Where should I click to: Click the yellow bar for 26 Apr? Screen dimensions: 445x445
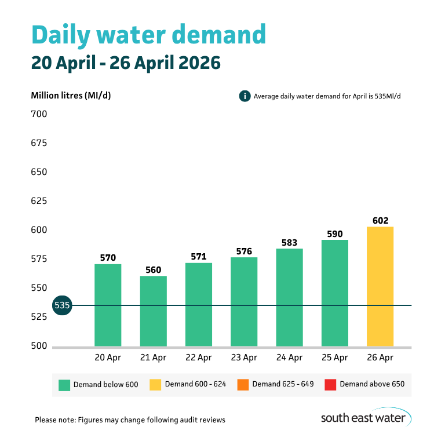[x=380, y=286]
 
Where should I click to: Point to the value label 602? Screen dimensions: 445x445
[x=380, y=220]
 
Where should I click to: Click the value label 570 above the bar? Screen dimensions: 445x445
[x=108, y=258]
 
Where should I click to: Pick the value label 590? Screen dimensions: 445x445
[x=335, y=234]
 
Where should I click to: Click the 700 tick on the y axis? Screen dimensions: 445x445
[x=39, y=114]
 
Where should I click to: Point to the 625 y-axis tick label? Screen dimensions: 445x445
[x=39, y=201]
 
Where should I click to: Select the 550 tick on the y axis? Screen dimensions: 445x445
[x=39, y=288]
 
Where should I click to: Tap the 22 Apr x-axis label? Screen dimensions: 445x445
[x=199, y=358]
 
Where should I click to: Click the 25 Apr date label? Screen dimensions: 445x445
[x=335, y=358]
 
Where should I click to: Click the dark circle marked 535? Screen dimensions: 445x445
[x=61, y=305]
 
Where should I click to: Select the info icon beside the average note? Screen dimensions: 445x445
[x=245, y=96]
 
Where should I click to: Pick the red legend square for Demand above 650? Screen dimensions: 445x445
[x=330, y=384]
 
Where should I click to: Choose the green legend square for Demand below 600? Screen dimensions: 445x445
[x=64, y=384]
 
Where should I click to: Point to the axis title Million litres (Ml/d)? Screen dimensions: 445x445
[x=71, y=96]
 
